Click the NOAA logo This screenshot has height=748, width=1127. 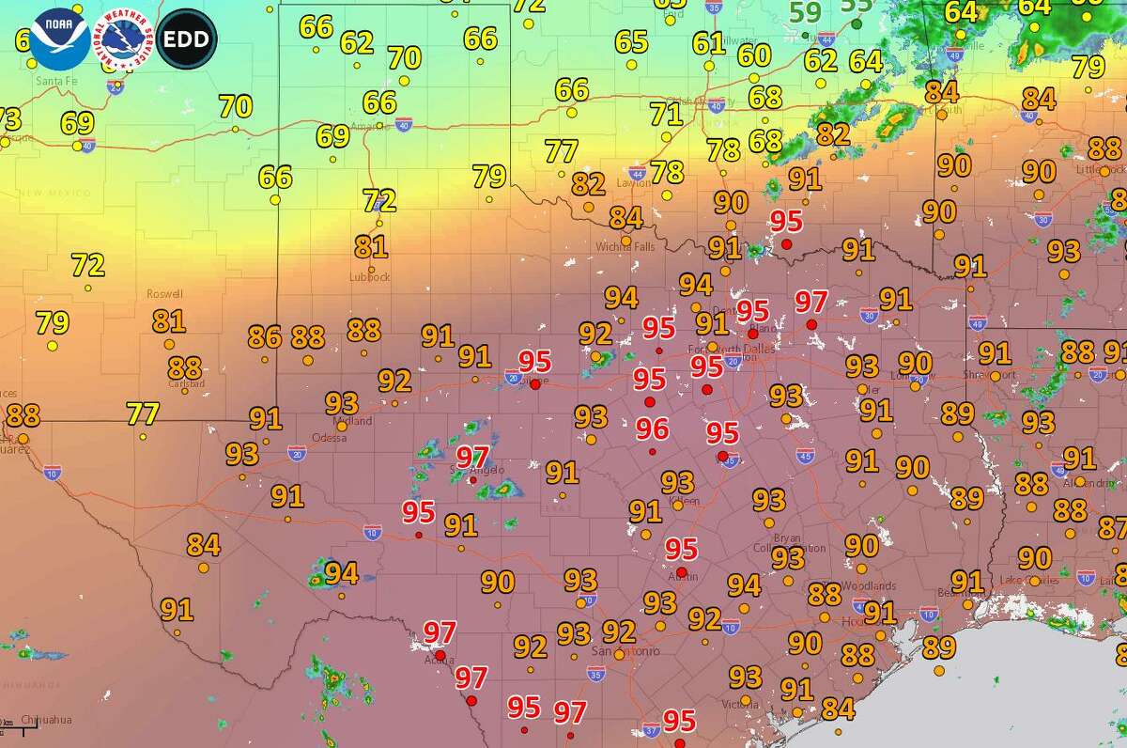click(x=59, y=39)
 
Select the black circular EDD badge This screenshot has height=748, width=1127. click(x=187, y=39)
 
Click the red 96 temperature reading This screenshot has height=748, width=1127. click(x=652, y=429)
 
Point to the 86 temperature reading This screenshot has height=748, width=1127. click(x=265, y=335)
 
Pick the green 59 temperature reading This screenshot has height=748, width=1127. click(x=805, y=13)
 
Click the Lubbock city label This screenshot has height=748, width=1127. click(x=369, y=277)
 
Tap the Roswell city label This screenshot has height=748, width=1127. click(x=164, y=294)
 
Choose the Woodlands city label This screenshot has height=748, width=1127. click(x=869, y=585)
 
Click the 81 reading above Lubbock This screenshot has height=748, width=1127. click(x=371, y=247)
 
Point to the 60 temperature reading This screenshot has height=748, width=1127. click(x=754, y=55)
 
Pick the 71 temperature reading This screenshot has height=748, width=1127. click(x=666, y=114)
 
